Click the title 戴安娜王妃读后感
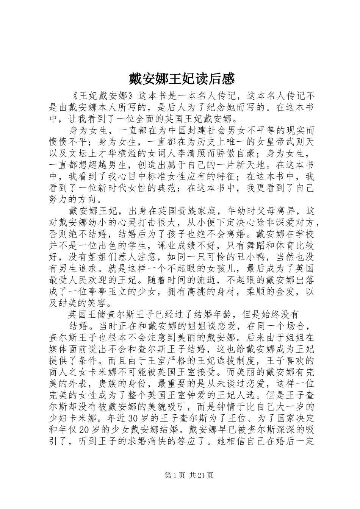[180, 79]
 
